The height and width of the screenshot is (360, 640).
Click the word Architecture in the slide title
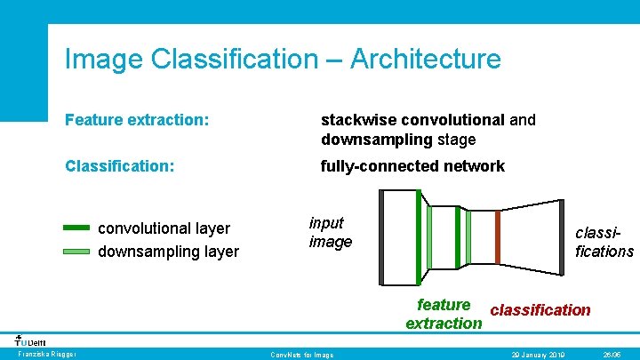[x=426, y=60]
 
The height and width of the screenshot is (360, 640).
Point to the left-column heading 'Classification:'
[x=119, y=166]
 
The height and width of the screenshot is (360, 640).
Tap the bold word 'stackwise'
[x=358, y=119]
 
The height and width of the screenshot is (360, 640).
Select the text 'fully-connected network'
[x=412, y=166]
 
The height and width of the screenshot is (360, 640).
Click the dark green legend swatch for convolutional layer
[x=77, y=228]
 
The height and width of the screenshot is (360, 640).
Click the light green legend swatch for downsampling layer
[x=77, y=252]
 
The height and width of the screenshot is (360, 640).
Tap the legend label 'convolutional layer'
[x=164, y=228]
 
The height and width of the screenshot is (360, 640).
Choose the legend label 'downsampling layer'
[x=168, y=252]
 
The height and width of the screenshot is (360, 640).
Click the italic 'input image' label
[x=330, y=232]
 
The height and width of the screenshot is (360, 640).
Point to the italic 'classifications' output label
[x=604, y=242]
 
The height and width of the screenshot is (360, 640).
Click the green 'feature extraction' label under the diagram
[x=443, y=315]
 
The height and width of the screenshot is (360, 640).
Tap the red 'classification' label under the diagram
[x=540, y=309]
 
